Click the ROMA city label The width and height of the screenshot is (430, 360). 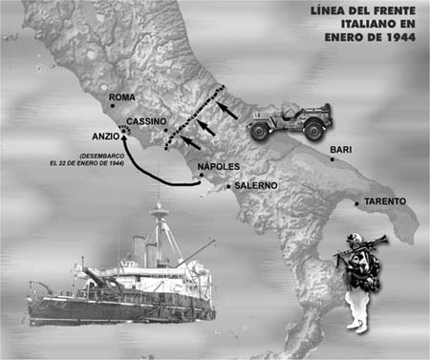[x=122, y=97]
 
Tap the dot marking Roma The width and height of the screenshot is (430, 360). [x=112, y=106]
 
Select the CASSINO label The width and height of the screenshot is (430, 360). [x=146, y=121]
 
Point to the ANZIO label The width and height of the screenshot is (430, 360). [x=106, y=137]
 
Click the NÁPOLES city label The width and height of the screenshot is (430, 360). [x=219, y=166]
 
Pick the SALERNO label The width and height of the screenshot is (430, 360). [x=256, y=185]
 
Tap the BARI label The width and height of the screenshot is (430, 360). [x=341, y=150]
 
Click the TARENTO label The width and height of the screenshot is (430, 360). [x=385, y=201]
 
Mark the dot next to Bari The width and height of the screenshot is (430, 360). [x=333, y=159]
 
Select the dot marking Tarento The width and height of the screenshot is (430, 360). [x=356, y=203]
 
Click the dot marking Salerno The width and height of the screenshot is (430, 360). [x=228, y=187]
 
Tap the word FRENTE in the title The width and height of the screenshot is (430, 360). [x=394, y=11]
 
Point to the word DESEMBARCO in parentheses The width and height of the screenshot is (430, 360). [x=102, y=157]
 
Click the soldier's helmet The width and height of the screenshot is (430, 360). [x=353, y=238]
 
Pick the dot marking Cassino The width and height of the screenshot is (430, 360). [x=165, y=130]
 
